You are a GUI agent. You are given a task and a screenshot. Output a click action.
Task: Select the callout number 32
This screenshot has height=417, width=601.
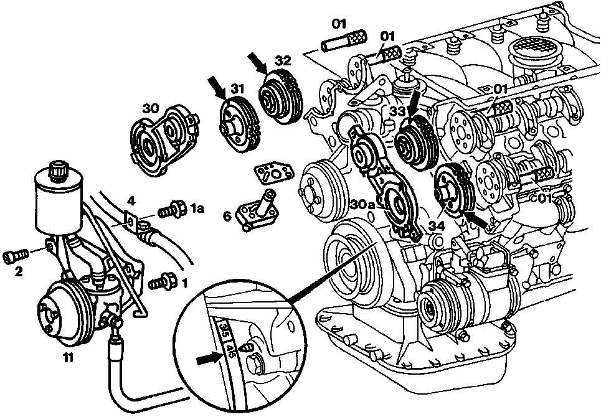283,61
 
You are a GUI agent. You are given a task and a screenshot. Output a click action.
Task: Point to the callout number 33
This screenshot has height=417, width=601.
399,111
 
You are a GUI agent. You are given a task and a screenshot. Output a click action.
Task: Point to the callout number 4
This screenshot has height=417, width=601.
130,200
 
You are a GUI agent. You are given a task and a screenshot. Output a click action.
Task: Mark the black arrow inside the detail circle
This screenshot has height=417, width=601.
207,358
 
